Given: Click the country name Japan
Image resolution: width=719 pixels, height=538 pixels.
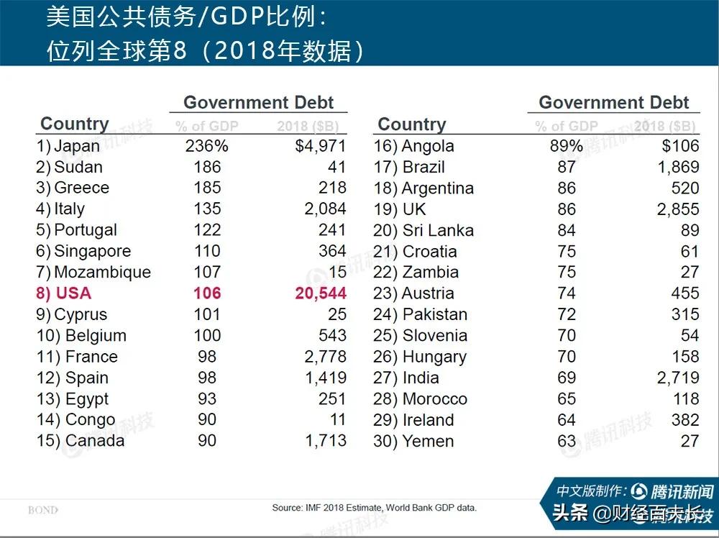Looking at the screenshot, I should pyautogui.click(x=77, y=146).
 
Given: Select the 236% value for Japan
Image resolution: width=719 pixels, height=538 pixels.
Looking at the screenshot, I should pyautogui.click(x=206, y=146).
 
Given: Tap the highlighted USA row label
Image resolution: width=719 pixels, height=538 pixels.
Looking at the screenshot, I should pyautogui.click(x=73, y=293).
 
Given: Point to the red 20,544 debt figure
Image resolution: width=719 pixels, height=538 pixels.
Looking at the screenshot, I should pyautogui.click(x=321, y=293).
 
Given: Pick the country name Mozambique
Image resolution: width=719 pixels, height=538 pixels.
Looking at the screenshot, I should pyautogui.click(x=102, y=273).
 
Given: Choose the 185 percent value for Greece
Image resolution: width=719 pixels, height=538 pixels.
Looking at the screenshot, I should pyautogui.click(x=206, y=188).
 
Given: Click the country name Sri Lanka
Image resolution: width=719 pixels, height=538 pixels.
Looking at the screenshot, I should pyautogui.click(x=438, y=230).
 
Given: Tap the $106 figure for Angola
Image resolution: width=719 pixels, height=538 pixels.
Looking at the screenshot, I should pyautogui.click(x=680, y=146).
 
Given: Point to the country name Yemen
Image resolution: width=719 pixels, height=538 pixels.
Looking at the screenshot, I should pyautogui.click(x=428, y=441).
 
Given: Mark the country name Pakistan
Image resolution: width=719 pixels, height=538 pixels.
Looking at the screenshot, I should pyautogui.click(x=435, y=314).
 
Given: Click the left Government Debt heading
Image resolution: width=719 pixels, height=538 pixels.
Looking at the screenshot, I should pyautogui.click(x=259, y=102).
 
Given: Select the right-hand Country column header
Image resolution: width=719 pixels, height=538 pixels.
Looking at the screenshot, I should pyautogui.click(x=412, y=124).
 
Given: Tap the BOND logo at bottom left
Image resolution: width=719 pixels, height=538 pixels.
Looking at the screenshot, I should pyautogui.click(x=43, y=510).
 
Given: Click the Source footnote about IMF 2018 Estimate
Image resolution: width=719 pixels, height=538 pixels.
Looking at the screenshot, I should pyautogui.click(x=374, y=508).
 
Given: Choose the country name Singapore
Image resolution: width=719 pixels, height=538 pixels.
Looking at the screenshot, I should pyautogui.click(x=93, y=251).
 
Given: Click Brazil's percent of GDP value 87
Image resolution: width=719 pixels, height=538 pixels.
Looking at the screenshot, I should pyautogui.click(x=567, y=167).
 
